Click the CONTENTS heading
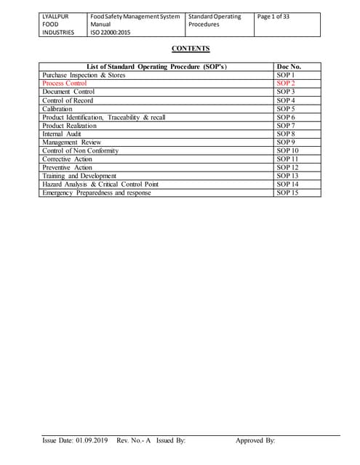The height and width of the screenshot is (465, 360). (191, 49)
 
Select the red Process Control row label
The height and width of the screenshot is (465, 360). (65, 84)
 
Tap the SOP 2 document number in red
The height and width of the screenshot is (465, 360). (286, 84)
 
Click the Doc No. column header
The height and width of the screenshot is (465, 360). (289, 67)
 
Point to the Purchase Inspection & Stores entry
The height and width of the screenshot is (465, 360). (84, 75)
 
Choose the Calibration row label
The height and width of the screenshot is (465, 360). (57, 108)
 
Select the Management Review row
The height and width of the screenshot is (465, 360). (71, 142)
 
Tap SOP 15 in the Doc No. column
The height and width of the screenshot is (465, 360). (288, 193)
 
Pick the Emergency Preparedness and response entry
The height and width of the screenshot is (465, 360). (97, 193)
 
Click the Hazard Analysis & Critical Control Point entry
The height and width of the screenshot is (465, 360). (100, 184)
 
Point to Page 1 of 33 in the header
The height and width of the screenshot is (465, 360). (273, 17)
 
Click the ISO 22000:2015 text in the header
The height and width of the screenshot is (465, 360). (110, 33)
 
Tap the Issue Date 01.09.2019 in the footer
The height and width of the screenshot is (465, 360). (74, 441)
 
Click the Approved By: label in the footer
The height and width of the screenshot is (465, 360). (255, 441)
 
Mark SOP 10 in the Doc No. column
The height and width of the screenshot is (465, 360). (288, 150)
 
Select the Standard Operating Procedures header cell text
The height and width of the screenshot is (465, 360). (215, 20)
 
